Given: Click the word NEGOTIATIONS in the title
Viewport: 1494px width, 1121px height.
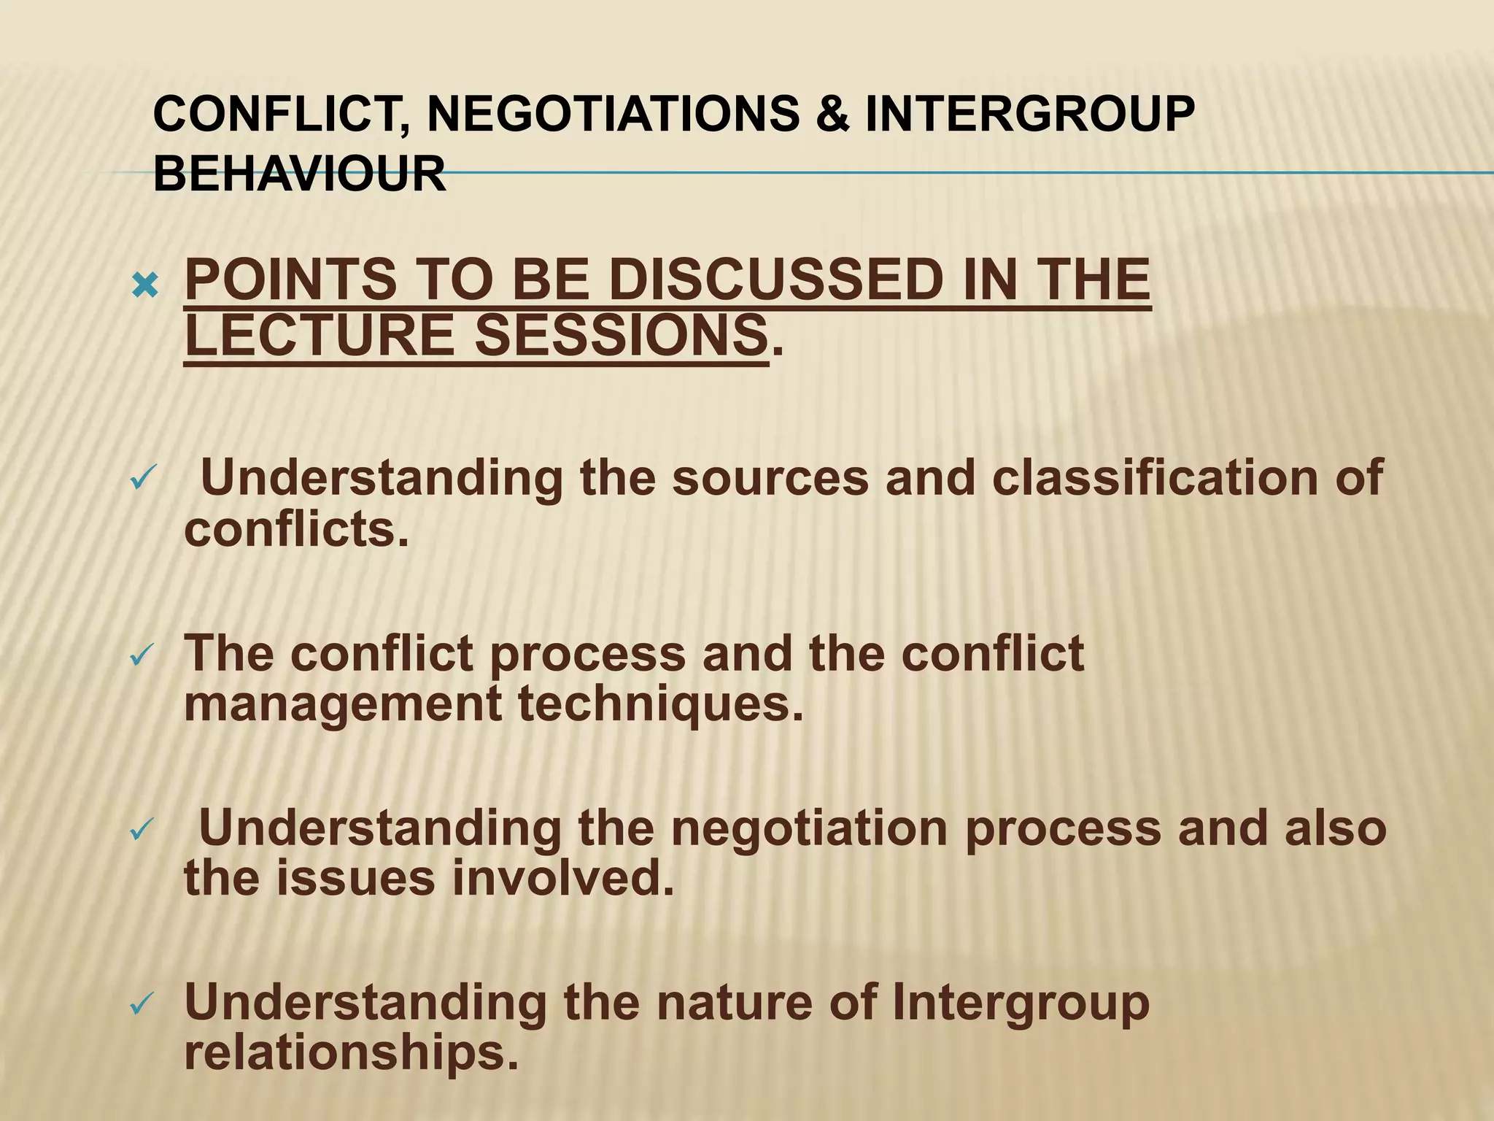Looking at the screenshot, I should pos(613,115).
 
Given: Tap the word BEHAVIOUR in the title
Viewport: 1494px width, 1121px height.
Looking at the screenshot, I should pos(300,175).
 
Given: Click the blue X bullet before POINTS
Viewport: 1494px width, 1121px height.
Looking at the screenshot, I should pos(145,288).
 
